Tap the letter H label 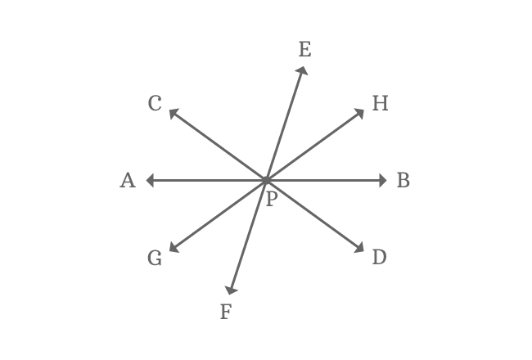click(x=380, y=102)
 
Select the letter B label click(x=404, y=181)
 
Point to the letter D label click(x=379, y=258)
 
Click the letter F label click(x=227, y=311)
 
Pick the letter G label click(x=155, y=259)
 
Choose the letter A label click(x=128, y=181)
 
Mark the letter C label click(x=156, y=104)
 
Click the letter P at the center click(x=271, y=197)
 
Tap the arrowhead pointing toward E click(x=303, y=72)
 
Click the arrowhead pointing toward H click(x=361, y=113)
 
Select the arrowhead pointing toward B click(x=382, y=180)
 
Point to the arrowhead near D click(x=360, y=249)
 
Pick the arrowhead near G click(x=174, y=249)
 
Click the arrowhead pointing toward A click(x=151, y=180)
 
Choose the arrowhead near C click(x=174, y=114)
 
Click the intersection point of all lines click(x=267, y=180)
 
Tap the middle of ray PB click(x=326, y=180)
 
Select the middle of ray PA click(x=208, y=180)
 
